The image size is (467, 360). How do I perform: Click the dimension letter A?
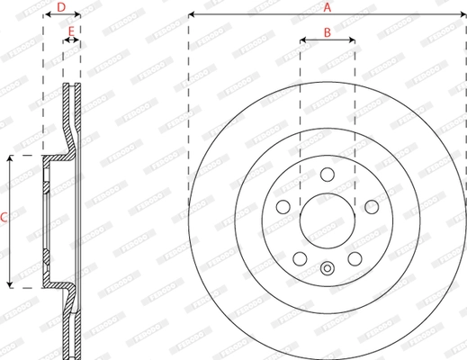click(x=327, y=6)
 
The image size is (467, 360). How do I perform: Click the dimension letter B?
click(x=327, y=31)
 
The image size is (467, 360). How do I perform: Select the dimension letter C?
click(x=4, y=217)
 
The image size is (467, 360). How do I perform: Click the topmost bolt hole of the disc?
click(x=328, y=175)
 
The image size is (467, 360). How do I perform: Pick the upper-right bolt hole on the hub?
click(x=371, y=208)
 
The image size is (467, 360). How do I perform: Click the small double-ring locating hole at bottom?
click(x=328, y=266)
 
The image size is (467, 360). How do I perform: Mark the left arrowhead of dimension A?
click(x=193, y=15)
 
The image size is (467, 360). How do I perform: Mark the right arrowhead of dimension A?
click(x=462, y=15)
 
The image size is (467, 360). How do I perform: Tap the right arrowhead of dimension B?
click(x=351, y=40)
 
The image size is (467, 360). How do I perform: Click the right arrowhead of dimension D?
click(x=77, y=16)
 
